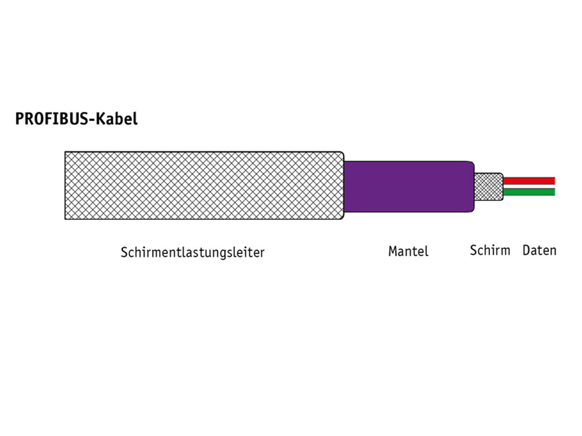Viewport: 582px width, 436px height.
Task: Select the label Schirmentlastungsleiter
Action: click(x=192, y=252)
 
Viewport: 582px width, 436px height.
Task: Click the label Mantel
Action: click(x=408, y=251)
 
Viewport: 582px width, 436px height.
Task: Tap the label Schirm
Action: click(x=490, y=250)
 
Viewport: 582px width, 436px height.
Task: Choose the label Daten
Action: click(x=539, y=250)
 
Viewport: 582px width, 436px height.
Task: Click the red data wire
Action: click(x=529, y=181)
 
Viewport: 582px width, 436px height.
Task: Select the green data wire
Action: click(x=529, y=192)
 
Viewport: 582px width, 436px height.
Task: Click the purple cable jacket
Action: click(x=407, y=186)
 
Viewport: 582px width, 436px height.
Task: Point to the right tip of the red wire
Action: click(x=553, y=181)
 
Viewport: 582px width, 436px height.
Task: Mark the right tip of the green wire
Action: click(x=553, y=192)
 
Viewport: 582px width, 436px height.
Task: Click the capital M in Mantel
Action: click(x=393, y=251)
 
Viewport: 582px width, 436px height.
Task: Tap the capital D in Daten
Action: click(x=527, y=250)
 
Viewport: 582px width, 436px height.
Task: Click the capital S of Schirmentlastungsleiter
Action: click(x=124, y=252)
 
